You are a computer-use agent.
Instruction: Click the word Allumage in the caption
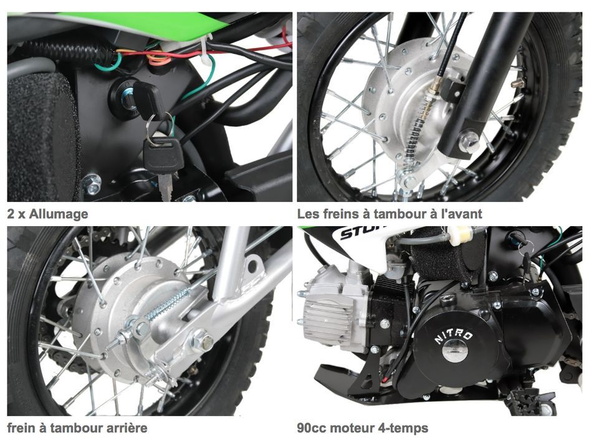coord(59,214)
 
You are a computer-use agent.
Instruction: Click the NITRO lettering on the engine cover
coord(454,336)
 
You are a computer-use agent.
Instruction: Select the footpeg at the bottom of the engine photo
coord(526,401)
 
